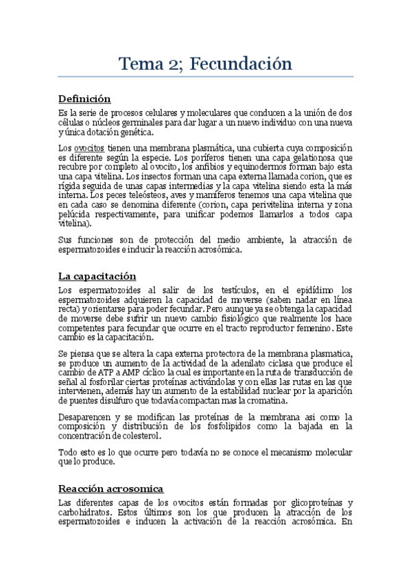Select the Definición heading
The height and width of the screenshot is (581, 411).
point(84,99)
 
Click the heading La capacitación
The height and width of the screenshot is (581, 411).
point(97,275)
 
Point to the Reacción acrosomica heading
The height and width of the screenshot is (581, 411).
point(110,489)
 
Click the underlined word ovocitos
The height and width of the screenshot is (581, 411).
point(89,148)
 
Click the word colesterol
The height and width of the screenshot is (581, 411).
point(139,436)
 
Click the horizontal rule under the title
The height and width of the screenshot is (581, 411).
point(205,77)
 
